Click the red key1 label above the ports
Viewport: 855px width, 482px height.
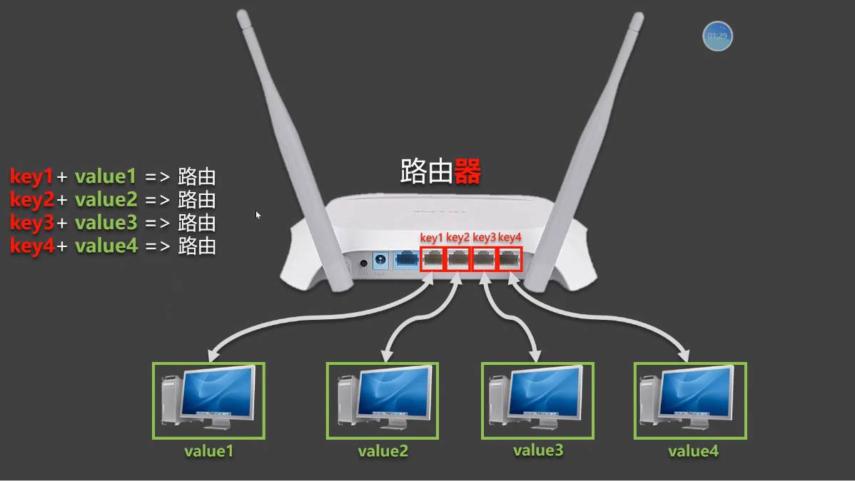click(431, 237)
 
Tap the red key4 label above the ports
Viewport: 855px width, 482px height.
click(510, 237)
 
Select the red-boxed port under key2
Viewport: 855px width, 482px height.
click(457, 259)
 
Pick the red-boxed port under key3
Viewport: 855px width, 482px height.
click(483, 259)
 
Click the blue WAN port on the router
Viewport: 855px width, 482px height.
click(406, 259)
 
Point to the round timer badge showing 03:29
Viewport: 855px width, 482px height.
click(717, 36)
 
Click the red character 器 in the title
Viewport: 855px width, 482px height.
click(467, 171)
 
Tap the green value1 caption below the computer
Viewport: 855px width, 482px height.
click(208, 451)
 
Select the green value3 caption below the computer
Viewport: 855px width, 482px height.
click(538, 450)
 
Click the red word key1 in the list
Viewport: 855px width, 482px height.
click(32, 176)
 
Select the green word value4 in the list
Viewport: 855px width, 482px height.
click(106, 246)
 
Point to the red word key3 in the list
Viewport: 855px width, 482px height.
click(32, 224)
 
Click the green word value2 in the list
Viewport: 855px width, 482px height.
click(106, 200)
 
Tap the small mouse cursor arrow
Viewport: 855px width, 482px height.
click(258, 214)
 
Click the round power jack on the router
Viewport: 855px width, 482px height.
click(363, 262)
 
